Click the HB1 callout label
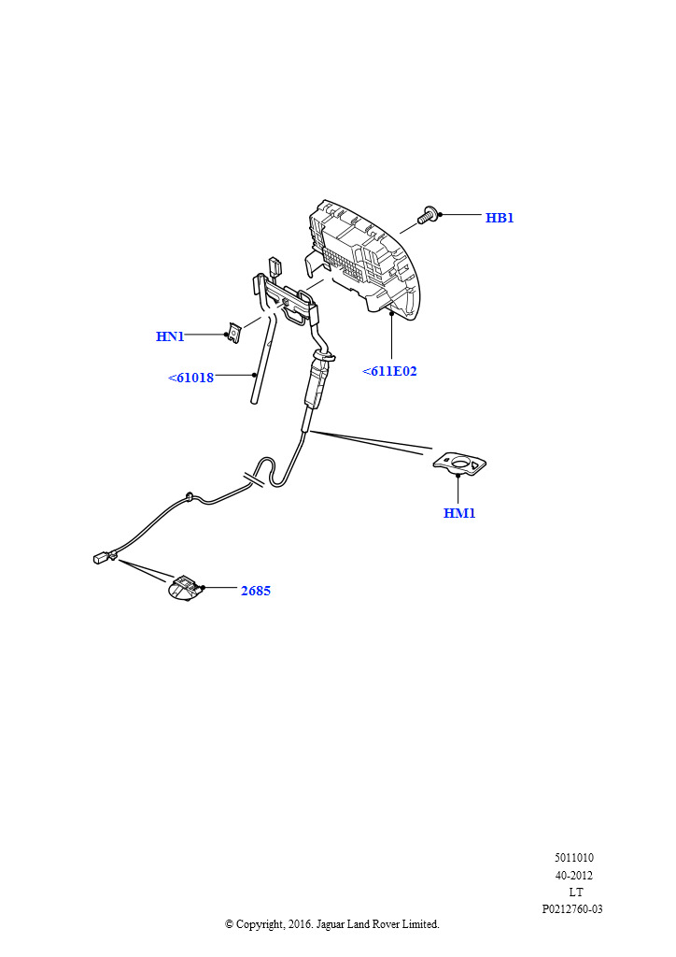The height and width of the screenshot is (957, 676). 500,218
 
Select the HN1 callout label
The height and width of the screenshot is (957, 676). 170,336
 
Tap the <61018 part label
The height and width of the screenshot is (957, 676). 190,378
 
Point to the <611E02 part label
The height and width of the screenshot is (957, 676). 389,371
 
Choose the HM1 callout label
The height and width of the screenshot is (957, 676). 459,513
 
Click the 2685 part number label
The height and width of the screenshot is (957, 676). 256,591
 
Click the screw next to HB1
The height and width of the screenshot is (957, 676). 427,216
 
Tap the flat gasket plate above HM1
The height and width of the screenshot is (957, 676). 459,464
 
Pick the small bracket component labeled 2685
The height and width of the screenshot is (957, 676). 185,589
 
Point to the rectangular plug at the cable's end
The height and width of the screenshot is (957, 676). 105,557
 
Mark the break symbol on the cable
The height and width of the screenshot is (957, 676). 254,479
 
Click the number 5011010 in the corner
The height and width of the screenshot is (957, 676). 573,858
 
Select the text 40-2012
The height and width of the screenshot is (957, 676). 573,875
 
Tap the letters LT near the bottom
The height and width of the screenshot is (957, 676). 576,893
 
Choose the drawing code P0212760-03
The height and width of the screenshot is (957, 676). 572,909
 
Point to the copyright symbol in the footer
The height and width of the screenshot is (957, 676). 229,924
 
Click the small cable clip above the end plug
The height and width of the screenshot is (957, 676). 190,496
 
